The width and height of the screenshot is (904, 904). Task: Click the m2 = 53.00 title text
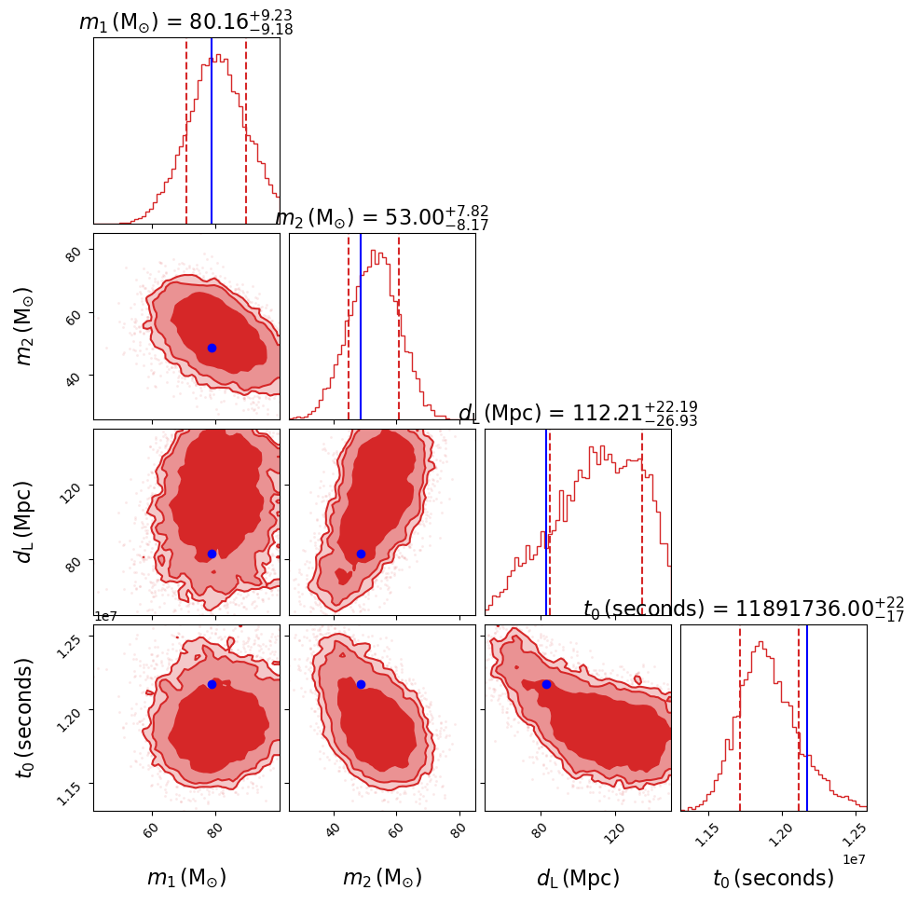(x=381, y=217)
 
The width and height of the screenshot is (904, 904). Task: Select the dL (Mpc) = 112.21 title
(x=578, y=414)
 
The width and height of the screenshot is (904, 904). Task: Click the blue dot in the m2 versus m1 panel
(x=212, y=348)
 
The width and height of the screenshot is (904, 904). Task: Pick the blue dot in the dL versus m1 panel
(x=212, y=554)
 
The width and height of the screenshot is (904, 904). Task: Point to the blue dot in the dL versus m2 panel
(x=361, y=554)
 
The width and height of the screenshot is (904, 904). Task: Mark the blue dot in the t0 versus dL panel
(x=546, y=684)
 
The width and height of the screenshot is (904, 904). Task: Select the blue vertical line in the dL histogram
(x=546, y=522)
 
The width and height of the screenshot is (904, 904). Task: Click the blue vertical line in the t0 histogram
(x=807, y=718)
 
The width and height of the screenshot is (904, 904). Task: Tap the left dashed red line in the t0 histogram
(x=740, y=718)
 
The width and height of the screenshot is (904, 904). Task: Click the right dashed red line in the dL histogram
(x=642, y=522)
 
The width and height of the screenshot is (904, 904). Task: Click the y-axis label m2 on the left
(x=26, y=326)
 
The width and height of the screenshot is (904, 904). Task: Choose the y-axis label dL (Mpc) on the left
(x=26, y=522)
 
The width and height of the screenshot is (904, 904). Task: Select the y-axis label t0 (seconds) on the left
(x=26, y=718)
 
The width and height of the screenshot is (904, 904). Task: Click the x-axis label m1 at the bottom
(x=186, y=878)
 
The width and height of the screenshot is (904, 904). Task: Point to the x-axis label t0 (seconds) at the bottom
(x=774, y=878)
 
